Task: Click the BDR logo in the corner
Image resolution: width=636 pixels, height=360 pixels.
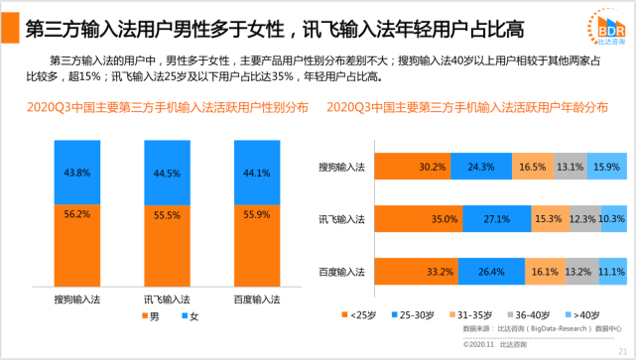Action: [607, 27]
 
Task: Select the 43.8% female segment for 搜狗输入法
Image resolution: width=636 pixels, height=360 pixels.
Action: [77, 173]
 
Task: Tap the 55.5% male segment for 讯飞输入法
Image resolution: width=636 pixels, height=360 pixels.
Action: [167, 246]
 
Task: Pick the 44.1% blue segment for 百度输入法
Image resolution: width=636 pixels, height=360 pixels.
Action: [257, 173]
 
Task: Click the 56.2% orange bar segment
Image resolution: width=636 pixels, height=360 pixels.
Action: [77, 246]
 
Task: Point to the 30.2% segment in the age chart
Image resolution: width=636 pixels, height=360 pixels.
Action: [413, 167]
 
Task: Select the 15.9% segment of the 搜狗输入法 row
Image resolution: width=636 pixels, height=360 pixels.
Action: [607, 167]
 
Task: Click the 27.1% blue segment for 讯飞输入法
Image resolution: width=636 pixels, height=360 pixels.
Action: [497, 219]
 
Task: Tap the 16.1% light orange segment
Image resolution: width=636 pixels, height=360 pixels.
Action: [545, 271]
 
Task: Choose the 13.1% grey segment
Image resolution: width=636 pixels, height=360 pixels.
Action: [571, 167]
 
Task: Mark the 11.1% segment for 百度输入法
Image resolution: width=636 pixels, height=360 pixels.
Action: [613, 271]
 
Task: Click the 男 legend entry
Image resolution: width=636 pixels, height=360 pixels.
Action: [151, 316]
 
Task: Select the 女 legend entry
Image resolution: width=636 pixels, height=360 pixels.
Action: [191, 316]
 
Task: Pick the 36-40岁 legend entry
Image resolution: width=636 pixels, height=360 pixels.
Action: [529, 315]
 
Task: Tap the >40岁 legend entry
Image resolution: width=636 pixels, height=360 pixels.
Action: [582, 315]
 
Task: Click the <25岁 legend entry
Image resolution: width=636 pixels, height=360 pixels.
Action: [359, 315]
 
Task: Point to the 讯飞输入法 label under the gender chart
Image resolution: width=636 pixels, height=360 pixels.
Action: [167, 300]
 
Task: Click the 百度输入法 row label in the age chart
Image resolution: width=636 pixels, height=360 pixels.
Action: [341, 272]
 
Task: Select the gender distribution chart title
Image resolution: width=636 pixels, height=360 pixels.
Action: [168, 107]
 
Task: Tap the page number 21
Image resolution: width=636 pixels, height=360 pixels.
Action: [623, 351]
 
